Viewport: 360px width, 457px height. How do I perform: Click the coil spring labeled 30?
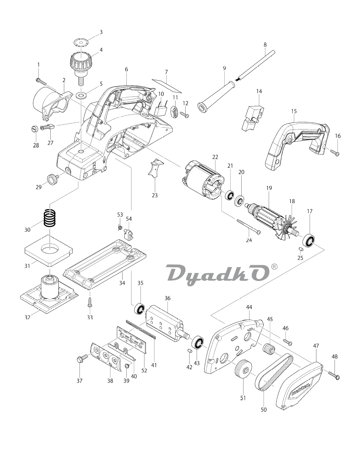pyautogui.click(x=50, y=218)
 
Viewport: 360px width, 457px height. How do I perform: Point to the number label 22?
pyautogui.click(x=215, y=157)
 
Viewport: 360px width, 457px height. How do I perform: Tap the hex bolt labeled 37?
pyautogui.click(x=82, y=359)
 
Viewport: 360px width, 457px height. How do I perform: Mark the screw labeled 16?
pyautogui.click(x=335, y=152)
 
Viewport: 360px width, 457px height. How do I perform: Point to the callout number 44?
pyautogui.click(x=249, y=307)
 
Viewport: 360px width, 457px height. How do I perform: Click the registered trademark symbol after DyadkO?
pyautogui.click(x=275, y=267)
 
